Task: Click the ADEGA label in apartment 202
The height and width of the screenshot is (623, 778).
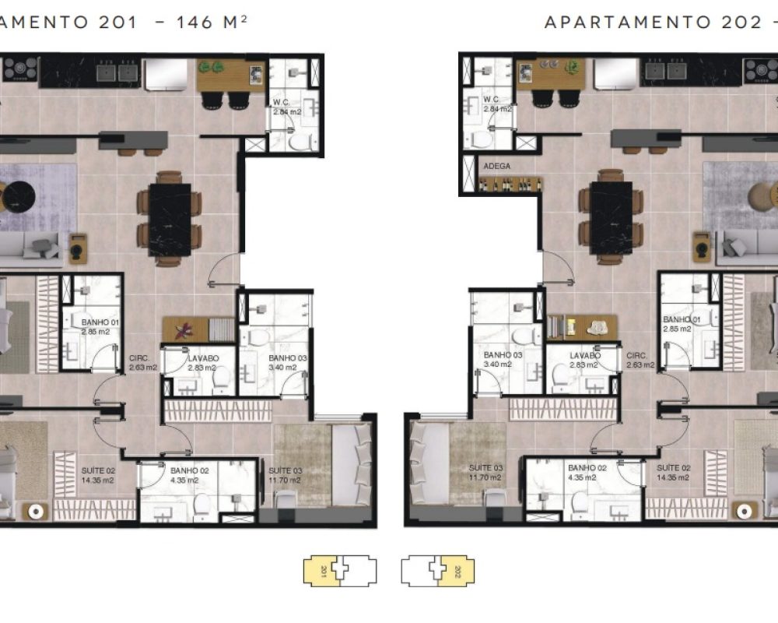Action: coord(497,167)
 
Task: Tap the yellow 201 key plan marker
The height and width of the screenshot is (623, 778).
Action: coord(323,571)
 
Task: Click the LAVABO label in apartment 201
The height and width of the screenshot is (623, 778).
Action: coord(203,358)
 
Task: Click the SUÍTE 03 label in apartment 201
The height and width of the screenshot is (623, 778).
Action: coord(285,471)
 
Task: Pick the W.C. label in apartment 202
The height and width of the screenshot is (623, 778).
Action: coord(490,100)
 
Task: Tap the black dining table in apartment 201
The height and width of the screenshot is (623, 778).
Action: coord(170,219)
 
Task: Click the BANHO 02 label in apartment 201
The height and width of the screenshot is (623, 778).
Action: coord(186,471)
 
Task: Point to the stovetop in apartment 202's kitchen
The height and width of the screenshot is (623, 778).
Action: coord(761,71)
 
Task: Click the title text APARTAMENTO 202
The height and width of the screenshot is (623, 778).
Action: coord(654,22)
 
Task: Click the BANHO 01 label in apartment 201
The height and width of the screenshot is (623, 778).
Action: coord(82,320)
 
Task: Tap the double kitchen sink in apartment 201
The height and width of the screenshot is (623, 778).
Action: coord(118,72)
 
